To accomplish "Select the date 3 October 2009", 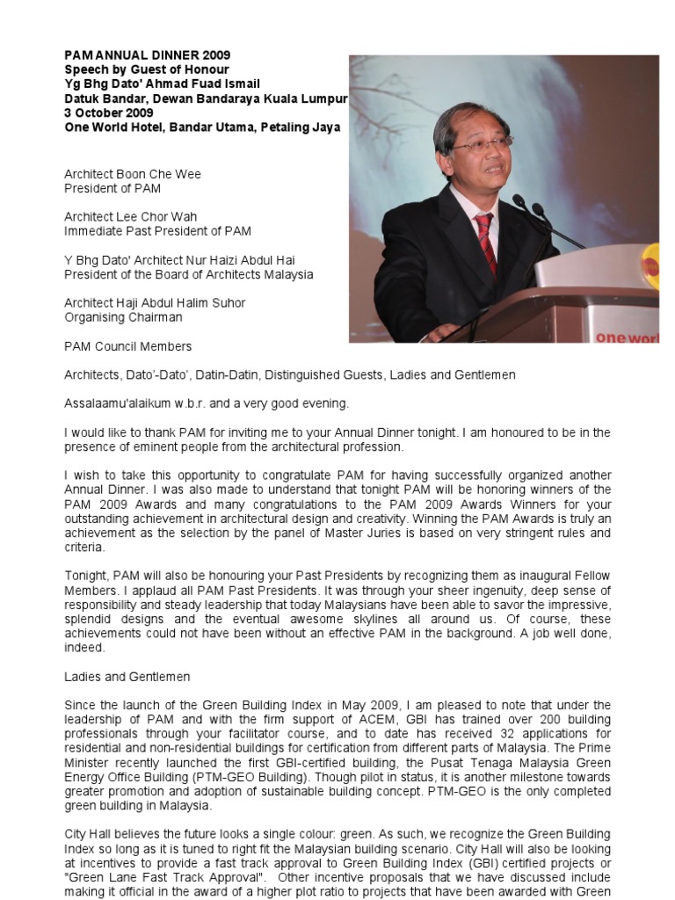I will point(108,112).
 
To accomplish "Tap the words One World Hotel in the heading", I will point(107,127).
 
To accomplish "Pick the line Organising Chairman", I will point(123,317).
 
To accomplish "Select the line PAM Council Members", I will point(127,346).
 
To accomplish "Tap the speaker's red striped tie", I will point(485,241).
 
